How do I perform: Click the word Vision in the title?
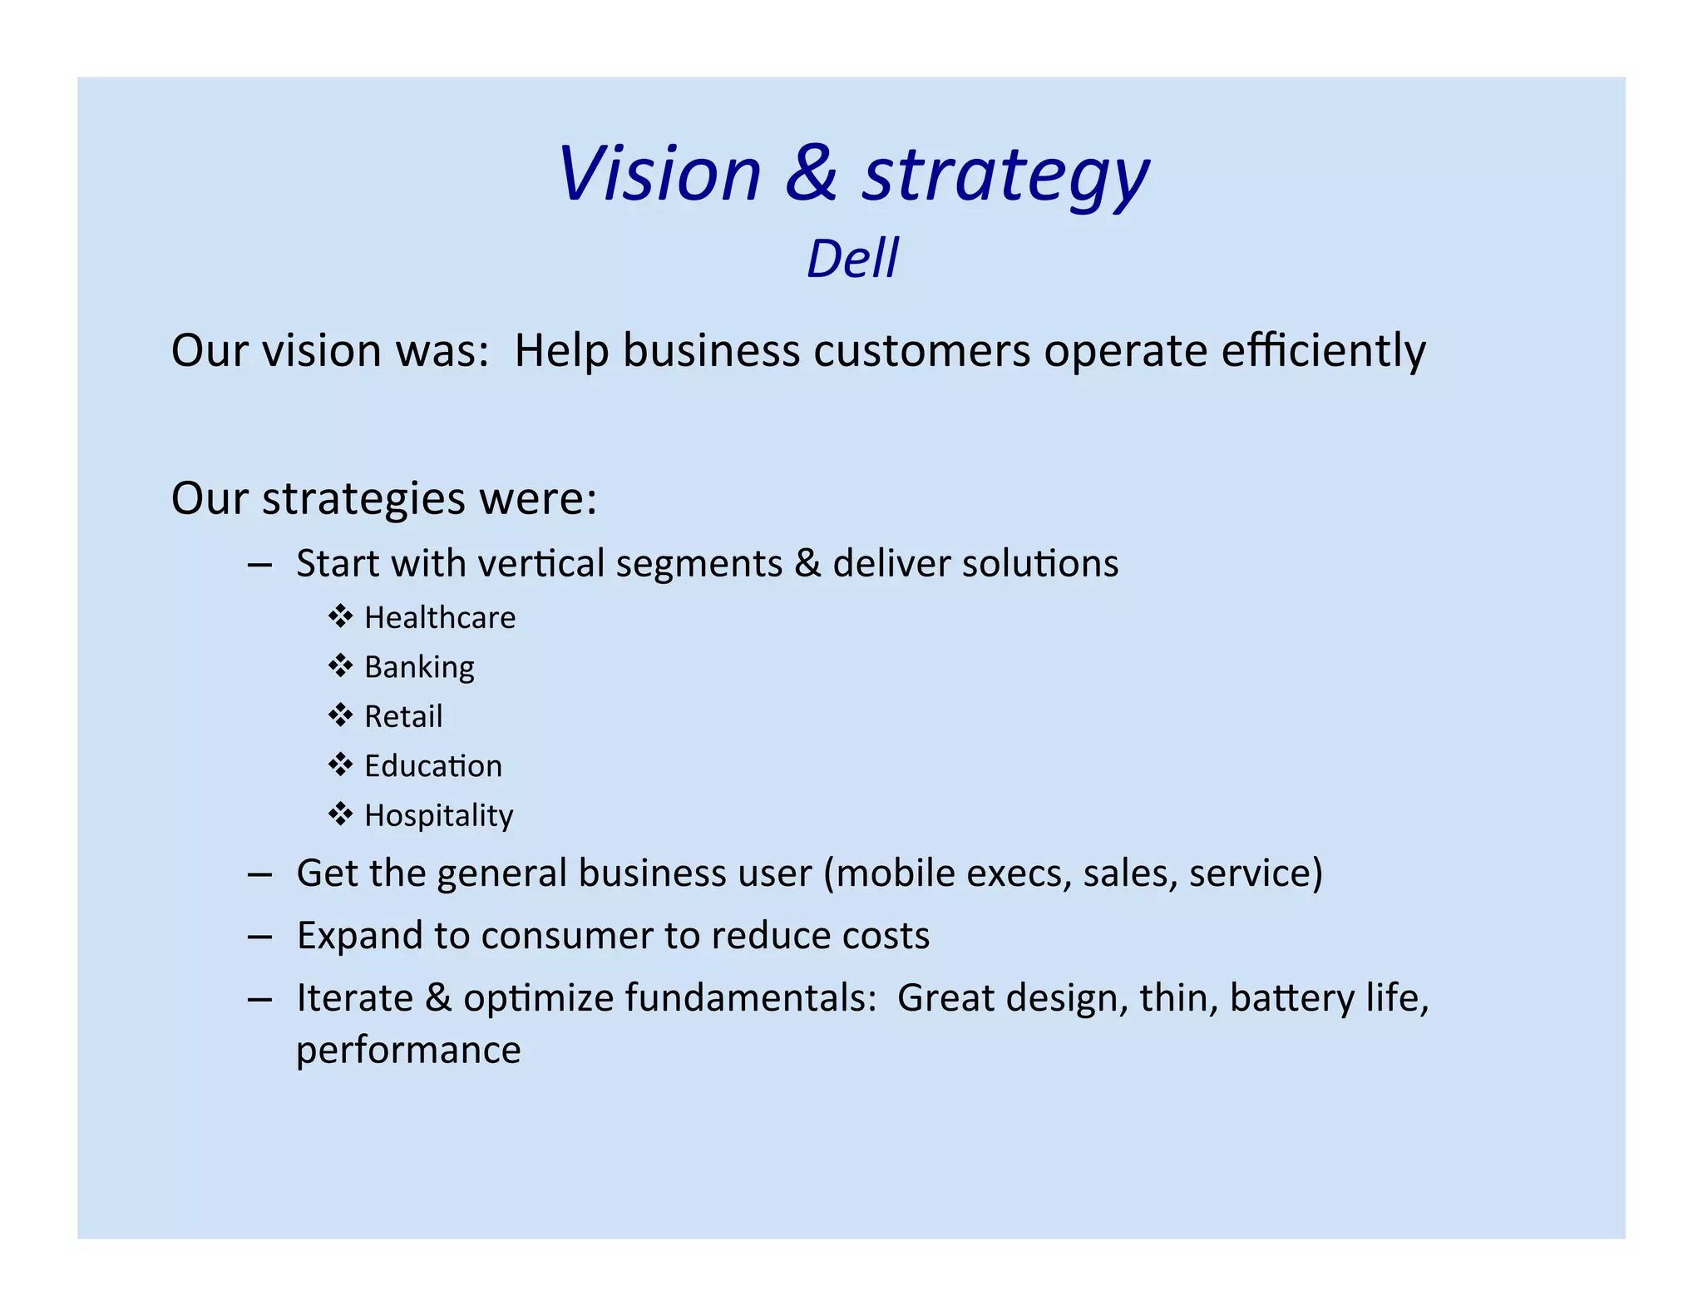pyautogui.click(x=659, y=174)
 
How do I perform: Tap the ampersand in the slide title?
pyautogui.click(x=811, y=174)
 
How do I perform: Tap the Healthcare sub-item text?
pyautogui.click(x=440, y=618)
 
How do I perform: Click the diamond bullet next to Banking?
pyautogui.click(x=340, y=666)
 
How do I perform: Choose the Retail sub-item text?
pyautogui.click(x=403, y=716)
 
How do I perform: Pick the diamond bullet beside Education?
pyautogui.click(x=340, y=765)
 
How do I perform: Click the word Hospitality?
pyautogui.click(x=438, y=816)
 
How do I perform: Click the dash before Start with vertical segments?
pyautogui.click(x=259, y=564)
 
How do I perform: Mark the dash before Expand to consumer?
pyautogui.click(x=259, y=937)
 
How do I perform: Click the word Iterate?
pyautogui.click(x=354, y=997)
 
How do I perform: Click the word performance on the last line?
pyautogui.click(x=408, y=1051)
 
